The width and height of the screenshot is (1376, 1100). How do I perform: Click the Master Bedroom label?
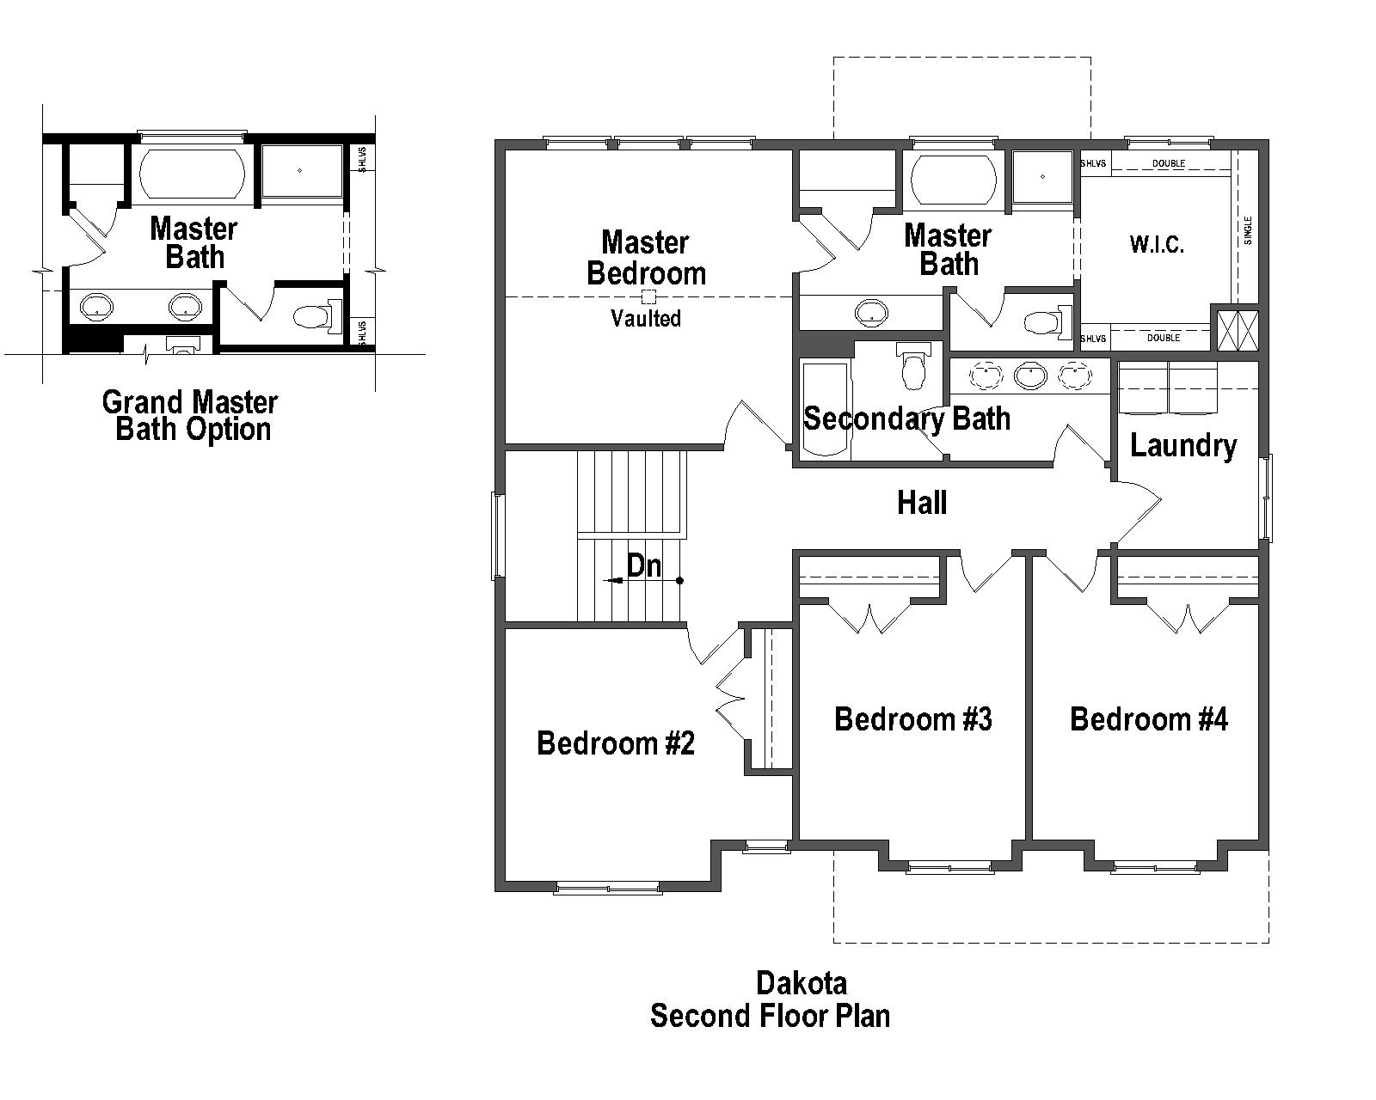[x=646, y=258]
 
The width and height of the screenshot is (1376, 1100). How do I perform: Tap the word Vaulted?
[x=646, y=319]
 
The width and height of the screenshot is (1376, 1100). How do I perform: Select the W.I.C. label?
[x=1157, y=244]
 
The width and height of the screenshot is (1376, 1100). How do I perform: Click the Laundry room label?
[x=1183, y=445]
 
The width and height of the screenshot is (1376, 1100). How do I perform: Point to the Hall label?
[x=922, y=503]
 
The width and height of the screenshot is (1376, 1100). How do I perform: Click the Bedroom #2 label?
[x=615, y=742]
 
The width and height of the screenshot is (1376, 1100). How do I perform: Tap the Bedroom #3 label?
[x=912, y=718]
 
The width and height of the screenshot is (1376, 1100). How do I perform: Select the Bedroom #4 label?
[x=1148, y=718]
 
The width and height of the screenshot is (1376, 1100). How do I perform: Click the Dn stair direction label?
[x=644, y=565]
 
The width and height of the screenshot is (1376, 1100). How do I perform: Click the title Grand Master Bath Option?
[x=190, y=415]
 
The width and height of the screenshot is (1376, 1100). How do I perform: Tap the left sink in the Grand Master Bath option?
[x=95, y=305]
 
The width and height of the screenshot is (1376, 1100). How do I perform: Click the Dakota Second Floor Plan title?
[x=770, y=999]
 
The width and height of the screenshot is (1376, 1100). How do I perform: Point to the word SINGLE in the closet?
[x=1248, y=230]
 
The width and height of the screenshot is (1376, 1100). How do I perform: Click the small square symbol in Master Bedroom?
[x=649, y=296]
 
